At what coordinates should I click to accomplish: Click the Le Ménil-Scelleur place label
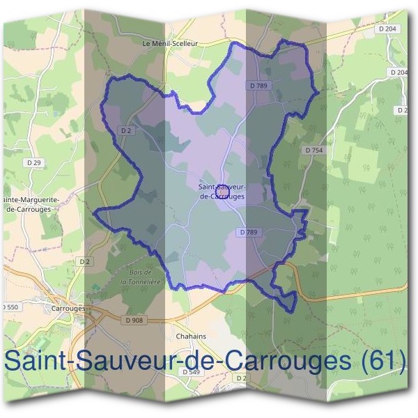point(170,43)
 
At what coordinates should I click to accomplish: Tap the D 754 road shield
point(314,150)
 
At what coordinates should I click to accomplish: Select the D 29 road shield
point(33,162)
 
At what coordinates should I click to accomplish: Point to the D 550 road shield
point(10,307)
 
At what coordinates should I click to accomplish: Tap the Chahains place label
point(192,336)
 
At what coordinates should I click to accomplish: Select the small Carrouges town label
point(68,307)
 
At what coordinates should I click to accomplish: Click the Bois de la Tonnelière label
point(139,277)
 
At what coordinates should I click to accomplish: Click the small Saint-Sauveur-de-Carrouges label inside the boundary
point(222,192)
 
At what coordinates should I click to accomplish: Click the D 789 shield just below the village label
point(249,232)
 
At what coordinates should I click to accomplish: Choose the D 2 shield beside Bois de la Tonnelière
point(85,261)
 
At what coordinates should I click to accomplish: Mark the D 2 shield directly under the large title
point(242,378)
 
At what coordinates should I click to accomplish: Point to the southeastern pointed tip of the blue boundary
point(293,311)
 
